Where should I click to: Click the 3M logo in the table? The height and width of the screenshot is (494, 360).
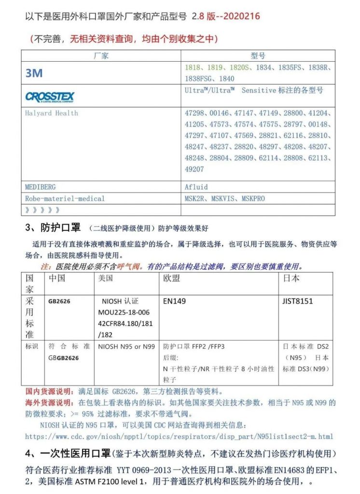(x=34, y=73)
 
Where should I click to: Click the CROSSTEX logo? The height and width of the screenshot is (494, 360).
(x=50, y=97)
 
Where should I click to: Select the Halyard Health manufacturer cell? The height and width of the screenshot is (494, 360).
(x=51, y=113)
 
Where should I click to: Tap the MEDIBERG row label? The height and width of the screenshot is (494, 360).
(x=43, y=186)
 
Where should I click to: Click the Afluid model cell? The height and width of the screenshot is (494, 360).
(x=196, y=186)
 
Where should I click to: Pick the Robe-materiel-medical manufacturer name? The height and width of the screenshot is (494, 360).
(x=65, y=198)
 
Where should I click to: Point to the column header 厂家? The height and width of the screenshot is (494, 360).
(x=101, y=55)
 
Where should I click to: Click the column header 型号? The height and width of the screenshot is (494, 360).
(x=258, y=55)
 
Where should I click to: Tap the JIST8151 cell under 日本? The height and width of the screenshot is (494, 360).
(x=298, y=301)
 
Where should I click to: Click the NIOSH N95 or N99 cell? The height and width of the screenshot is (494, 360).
(x=126, y=346)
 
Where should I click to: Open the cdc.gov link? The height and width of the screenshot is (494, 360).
(x=179, y=437)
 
